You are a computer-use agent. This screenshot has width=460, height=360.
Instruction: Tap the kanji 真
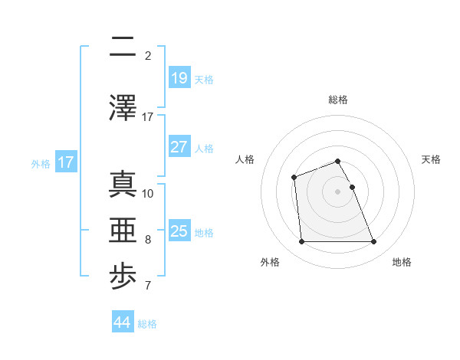[123, 185]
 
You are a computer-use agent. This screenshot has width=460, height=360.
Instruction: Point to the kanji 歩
[123, 279]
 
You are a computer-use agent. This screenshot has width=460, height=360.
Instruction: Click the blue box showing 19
[179, 77]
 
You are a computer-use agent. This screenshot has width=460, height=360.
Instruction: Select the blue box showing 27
[179, 147]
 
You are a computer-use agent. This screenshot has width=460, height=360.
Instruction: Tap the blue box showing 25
[179, 231]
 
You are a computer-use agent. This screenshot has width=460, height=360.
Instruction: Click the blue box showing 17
[66, 162]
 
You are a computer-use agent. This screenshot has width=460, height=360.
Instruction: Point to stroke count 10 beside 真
[148, 193]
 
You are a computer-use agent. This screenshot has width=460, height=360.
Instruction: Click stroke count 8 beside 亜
[148, 240]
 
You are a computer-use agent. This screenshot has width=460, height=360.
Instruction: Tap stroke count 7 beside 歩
[148, 287]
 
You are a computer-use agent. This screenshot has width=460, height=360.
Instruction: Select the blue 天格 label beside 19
[204, 79]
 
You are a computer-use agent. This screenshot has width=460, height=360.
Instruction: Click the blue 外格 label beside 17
[41, 163]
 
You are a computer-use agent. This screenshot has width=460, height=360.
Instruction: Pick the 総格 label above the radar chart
[338, 100]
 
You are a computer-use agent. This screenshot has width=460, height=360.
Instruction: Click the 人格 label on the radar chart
[245, 159]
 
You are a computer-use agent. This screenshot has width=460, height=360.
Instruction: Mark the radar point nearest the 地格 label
[374, 242]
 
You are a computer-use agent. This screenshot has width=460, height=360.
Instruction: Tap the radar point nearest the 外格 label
[301, 242]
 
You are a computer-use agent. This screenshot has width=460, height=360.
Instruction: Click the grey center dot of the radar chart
[338, 191]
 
